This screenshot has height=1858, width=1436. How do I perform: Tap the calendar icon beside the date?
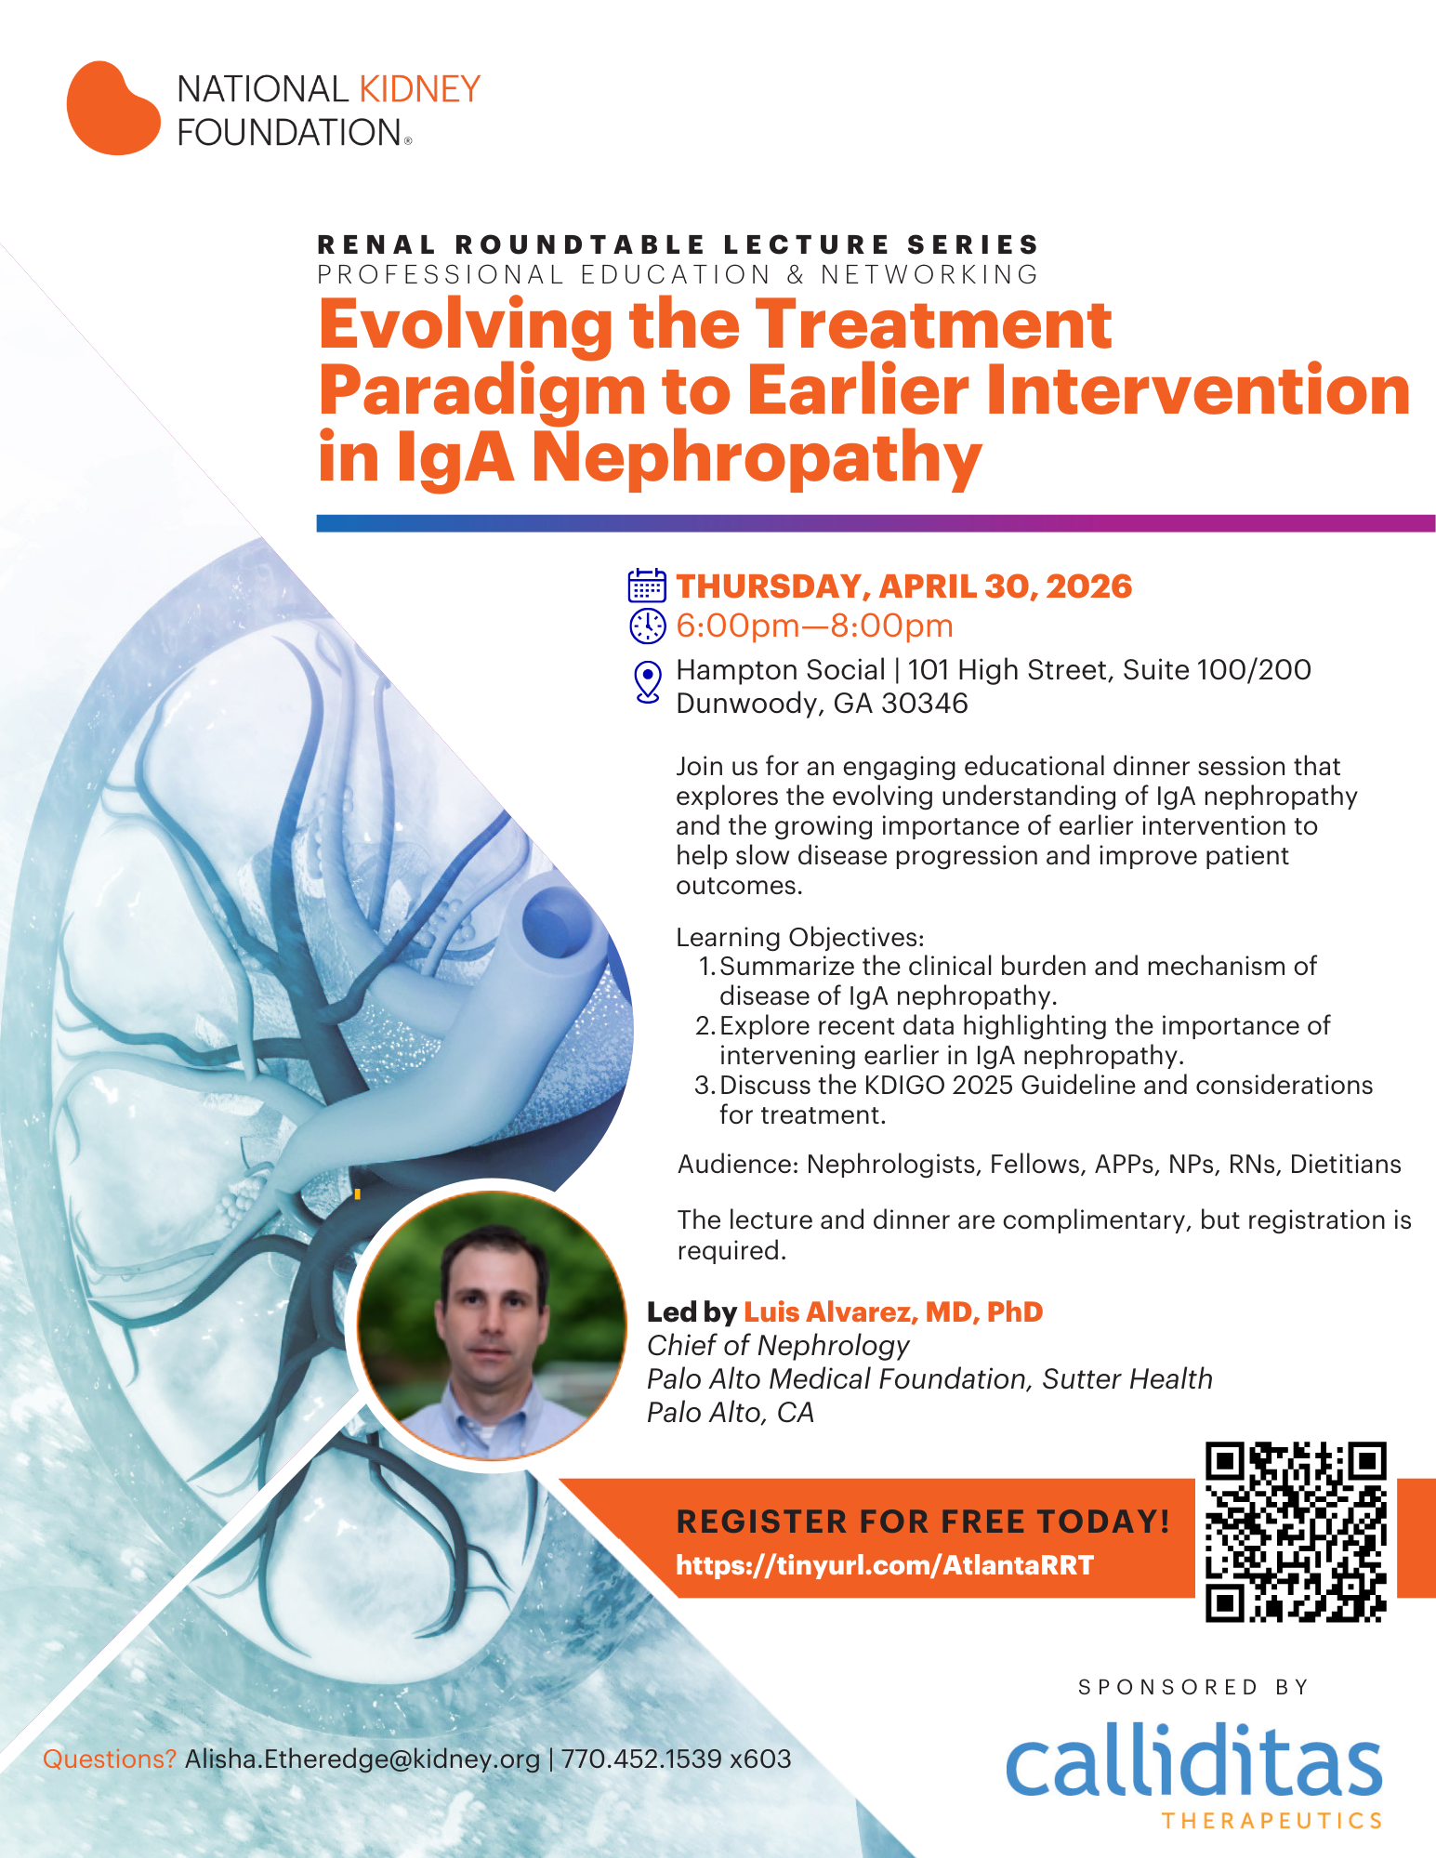click(x=647, y=586)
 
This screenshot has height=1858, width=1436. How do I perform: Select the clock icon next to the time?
click(x=648, y=626)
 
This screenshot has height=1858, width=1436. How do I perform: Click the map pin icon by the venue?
click(x=648, y=681)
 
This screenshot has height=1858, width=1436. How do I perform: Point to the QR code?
click(x=1296, y=1532)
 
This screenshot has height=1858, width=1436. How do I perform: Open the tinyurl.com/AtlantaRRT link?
click(x=884, y=1565)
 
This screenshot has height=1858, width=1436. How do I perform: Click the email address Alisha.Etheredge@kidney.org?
click(x=362, y=1759)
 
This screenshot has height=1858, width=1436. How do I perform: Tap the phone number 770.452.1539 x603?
click(x=677, y=1759)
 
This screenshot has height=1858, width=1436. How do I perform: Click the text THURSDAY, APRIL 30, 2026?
click(x=904, y=586)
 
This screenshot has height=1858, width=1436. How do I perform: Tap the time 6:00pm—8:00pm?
click(x=815, y=626)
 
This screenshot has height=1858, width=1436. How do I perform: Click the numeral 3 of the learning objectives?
click(x=703, y=1086)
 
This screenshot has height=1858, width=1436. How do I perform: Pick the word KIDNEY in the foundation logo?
click(x=420, y=89)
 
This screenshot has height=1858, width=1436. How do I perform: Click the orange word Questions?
click(x=110, y=1759)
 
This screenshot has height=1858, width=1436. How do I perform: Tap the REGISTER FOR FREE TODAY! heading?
click(x=923, y=1522)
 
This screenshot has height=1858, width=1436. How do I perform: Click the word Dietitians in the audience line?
click(x=1346, y=1164)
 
